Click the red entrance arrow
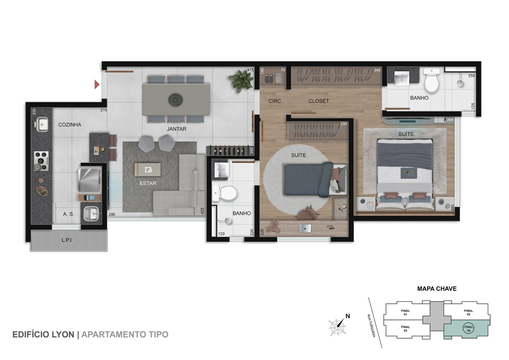tap(97, 85)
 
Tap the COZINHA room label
tap(70, 125)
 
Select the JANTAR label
tap(177, 129)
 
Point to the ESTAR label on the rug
tap(148, 183)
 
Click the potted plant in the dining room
tap(241, 81)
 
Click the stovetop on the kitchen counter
tap(41, 161)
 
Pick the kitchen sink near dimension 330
tap(41, 124)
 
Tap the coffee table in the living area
tap(147, 169)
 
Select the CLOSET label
tap(318, 101)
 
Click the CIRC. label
tap(275, 101)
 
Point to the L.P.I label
tap(67, 240)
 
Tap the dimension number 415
tap(250, 70)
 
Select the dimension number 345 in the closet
tap(377, 70)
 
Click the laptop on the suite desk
tap(305, 228)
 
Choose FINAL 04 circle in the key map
tap(468, 329)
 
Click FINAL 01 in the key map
tap(405, 313)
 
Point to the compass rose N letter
tap(348, 316)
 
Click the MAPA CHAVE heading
tap(437, 289)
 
